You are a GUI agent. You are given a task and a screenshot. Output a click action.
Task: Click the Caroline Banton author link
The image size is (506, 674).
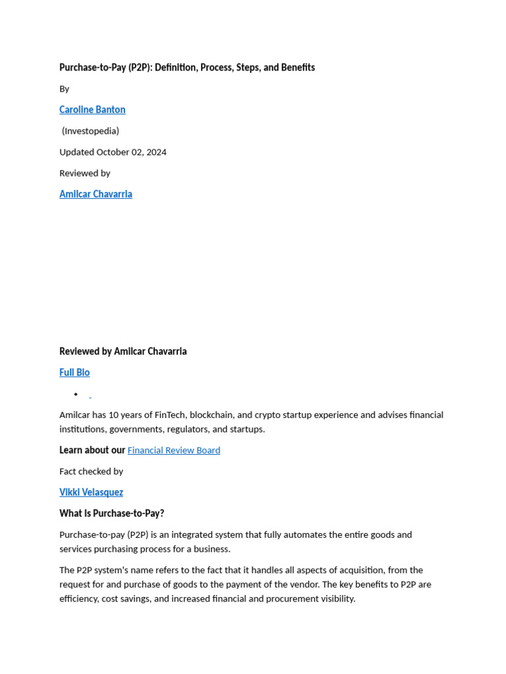(x=92, y=110)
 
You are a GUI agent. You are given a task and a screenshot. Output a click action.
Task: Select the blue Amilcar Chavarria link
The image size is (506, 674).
(x=96, y=194)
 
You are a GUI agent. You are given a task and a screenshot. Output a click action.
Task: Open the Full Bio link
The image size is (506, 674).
(x=74, y=373)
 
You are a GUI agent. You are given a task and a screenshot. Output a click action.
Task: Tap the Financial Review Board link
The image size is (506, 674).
(x=174, y=450)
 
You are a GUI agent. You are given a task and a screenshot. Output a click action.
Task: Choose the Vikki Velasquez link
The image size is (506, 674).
(x=91, y=492)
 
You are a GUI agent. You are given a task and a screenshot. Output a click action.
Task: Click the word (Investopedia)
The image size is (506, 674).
(x=90, y=131)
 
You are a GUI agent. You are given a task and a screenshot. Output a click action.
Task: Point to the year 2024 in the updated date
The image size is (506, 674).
(x=156, y=152)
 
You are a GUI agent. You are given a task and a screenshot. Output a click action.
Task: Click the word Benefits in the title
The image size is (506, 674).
(x=297, y=68)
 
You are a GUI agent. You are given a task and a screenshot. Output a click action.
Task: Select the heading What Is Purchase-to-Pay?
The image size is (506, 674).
(x=111, y=513)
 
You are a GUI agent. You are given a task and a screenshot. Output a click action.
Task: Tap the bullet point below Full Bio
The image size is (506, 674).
(x=76, y=394)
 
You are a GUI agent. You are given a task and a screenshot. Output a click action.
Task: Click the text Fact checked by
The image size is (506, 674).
(x=91, y=471)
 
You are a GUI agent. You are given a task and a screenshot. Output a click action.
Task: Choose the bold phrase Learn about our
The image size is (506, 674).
(x=92, y=450)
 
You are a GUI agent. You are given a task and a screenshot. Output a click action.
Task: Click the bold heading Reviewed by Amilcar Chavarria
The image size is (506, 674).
(x=123, y=351)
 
